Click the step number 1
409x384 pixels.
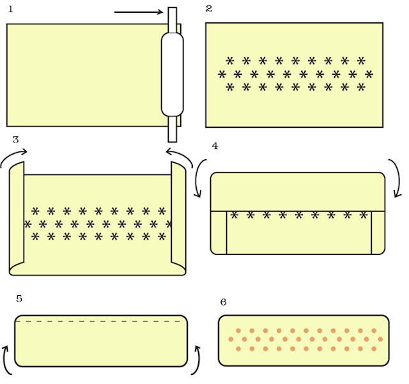(x=11, y=9)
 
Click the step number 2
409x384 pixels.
(x=209, y=8)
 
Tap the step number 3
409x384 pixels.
(x=15, y=139)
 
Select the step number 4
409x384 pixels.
(x=215, y=146)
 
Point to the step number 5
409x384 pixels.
(x=19, y=298)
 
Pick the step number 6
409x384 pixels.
(x=222, y=302)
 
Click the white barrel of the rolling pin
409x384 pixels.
(x=172, y=74)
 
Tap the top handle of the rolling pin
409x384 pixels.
(x=172, y=19)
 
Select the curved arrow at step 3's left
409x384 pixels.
(x=13, y=156)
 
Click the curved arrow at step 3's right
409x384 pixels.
(x=180, y=156)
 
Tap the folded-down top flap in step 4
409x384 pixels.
(x=297, y=192)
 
